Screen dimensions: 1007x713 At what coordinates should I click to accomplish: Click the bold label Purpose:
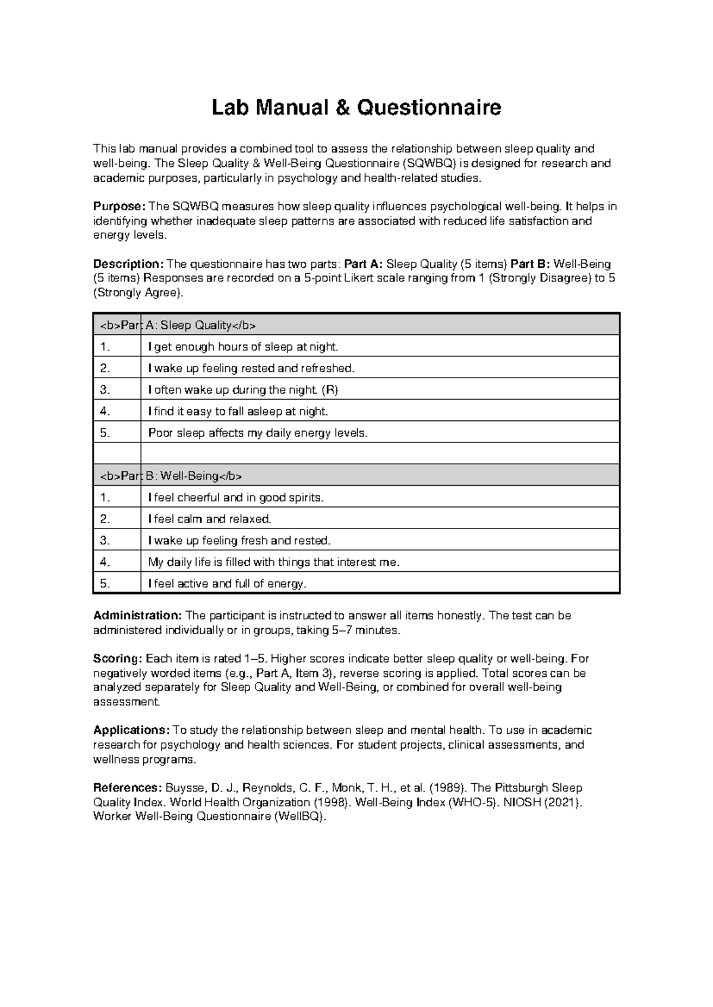119,207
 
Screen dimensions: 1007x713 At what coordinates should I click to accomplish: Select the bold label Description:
128,264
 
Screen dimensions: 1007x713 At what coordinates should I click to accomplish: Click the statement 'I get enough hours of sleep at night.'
242,347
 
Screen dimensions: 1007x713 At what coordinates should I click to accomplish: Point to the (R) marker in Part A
330,390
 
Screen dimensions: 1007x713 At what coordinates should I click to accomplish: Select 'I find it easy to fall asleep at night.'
238,411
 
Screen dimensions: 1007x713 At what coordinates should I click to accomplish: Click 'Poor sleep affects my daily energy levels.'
258,433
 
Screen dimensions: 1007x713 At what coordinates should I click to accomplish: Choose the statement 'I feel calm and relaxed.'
209,519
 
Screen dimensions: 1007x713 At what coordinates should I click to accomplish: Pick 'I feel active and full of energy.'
227,584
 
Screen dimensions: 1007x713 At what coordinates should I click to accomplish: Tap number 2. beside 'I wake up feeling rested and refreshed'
105,368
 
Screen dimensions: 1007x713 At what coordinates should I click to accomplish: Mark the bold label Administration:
138,616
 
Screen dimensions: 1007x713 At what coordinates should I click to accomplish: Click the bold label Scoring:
118,658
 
